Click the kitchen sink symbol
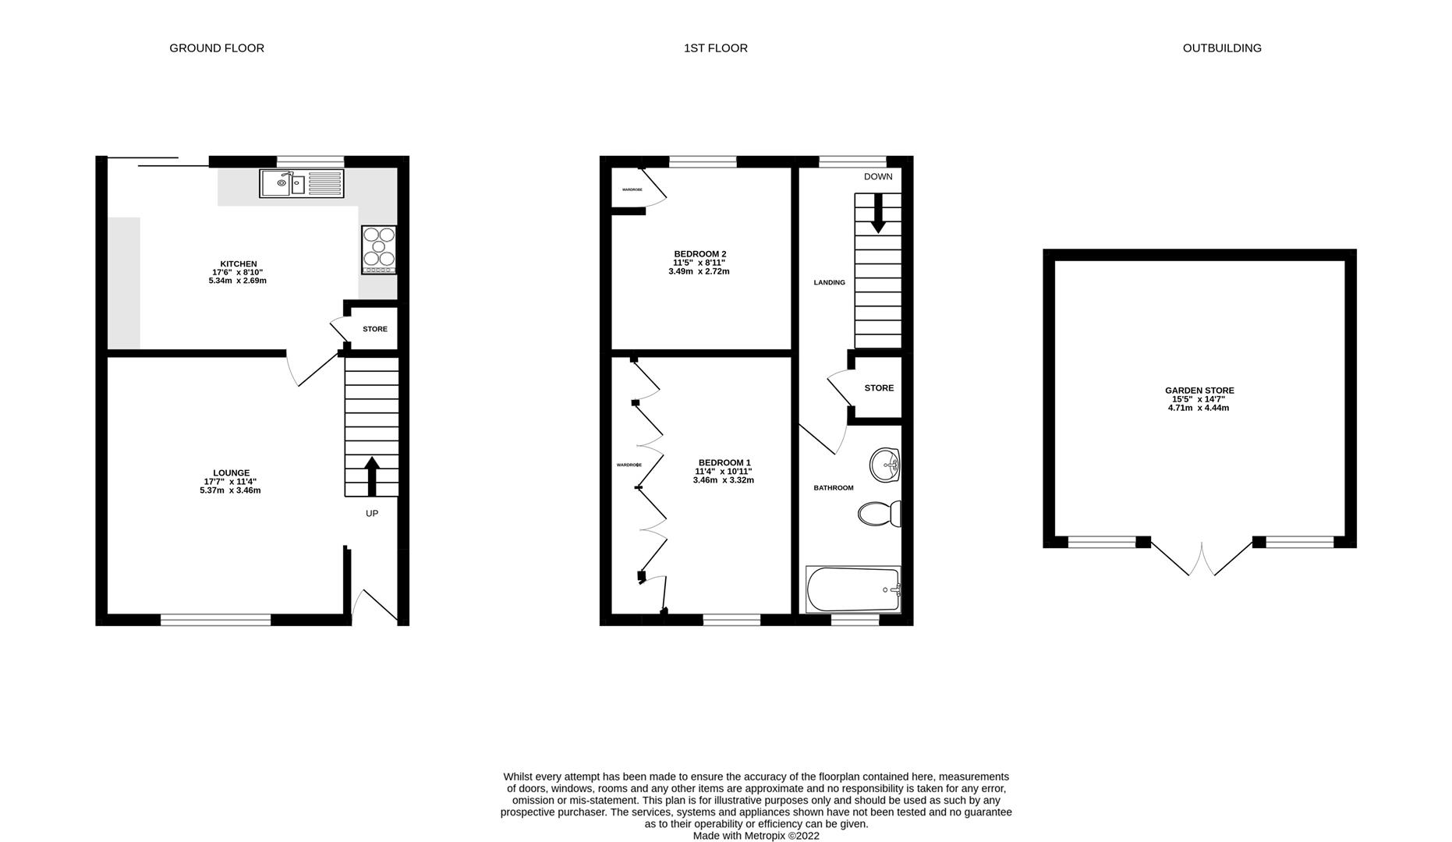(301, 183)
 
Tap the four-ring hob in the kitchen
(379, 249)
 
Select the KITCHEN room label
(238, 264)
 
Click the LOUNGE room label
(231, 472)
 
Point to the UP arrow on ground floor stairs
(372, 476)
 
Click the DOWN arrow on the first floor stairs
(878, 213)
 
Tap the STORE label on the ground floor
(374, 329)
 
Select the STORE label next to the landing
(879, 388)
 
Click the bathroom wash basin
(885, 465)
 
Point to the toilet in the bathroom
(880, 513)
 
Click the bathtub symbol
(853, 589)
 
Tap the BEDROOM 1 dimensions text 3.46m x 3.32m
(723, 480)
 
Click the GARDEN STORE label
(1199, 391)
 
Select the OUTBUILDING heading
(1221, 48)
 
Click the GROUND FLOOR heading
(217, 48)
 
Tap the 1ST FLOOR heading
(715, 48)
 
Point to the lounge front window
(216, 620)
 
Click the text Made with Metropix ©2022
(756, 836)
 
